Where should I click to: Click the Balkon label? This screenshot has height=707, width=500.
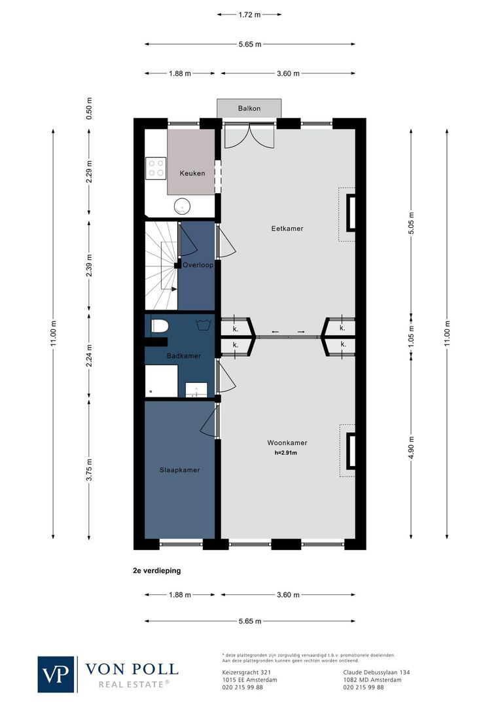click(249, 108)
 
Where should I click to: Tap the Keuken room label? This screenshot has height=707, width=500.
click(192, 173)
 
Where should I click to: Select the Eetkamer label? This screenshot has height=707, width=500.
click(287, 228)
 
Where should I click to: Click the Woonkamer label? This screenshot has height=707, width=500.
click(287, 443)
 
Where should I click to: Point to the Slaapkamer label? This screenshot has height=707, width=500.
click(179, 470)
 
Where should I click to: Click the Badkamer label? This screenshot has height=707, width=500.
click(183, 355)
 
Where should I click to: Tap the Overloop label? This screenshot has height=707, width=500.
click(197, 265)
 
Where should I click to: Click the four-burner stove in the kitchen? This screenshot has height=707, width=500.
click(156, 168)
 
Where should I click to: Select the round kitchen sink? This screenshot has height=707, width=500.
click(182, 206)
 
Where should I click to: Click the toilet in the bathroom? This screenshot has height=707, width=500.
click(158, 325)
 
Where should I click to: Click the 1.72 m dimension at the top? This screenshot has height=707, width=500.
click(249, 13)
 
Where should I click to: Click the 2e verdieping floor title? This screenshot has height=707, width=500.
click(156, 570)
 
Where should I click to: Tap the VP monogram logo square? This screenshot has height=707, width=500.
click(56, 674)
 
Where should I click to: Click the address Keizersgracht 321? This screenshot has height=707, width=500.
click(242, 672)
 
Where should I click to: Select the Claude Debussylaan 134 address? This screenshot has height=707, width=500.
click(376, 672)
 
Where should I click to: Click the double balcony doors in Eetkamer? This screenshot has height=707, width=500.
click(249, 134)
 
